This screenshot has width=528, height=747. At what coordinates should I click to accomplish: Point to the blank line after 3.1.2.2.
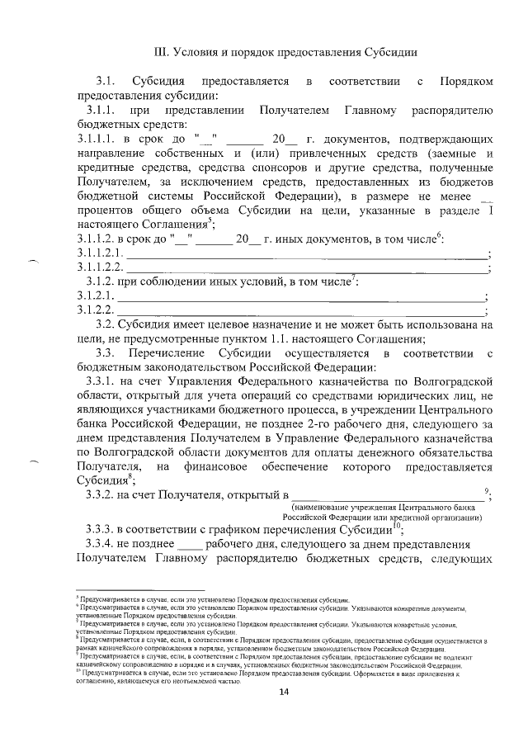pos(301,312)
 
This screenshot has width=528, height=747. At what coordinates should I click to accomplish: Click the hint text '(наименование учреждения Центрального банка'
pos(389,507)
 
